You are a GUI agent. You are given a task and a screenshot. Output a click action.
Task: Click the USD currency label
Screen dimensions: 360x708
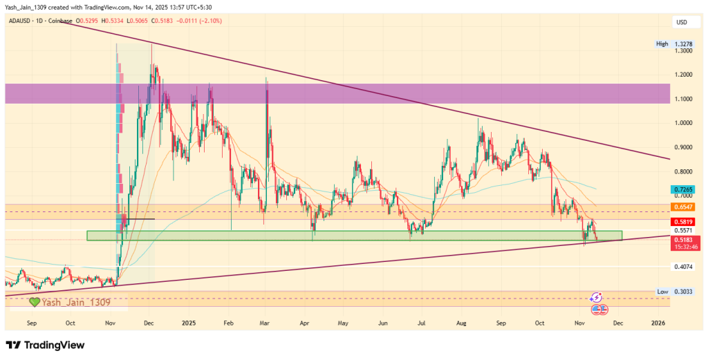coord(681,23)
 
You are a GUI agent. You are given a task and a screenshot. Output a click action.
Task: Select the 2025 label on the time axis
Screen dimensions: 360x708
coord(188,323)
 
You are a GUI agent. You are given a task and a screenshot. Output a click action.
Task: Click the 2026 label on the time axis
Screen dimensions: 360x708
coord(658,323)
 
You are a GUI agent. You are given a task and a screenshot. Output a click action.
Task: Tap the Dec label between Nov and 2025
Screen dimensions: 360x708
coord(148,323)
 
